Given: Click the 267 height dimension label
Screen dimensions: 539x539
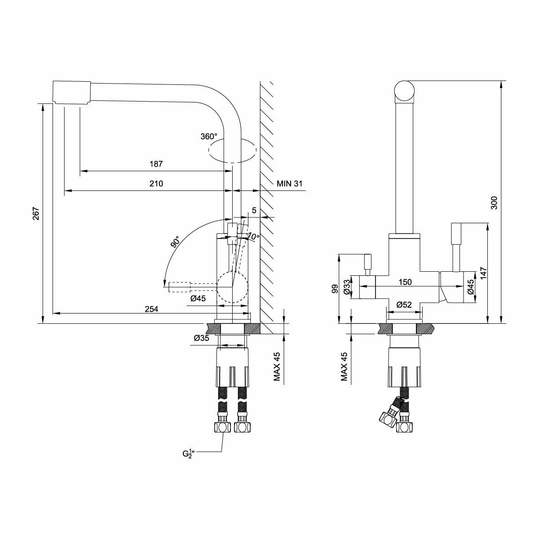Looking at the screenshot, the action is [36, 214].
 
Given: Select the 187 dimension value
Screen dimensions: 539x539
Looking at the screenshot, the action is [156, 164].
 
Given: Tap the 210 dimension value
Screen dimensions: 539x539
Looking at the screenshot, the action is [156, 184].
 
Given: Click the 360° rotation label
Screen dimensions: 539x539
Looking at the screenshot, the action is [209, 136].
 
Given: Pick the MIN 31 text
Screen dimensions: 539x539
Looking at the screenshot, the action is [289, 184].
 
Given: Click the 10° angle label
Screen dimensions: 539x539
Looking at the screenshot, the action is [253, 236].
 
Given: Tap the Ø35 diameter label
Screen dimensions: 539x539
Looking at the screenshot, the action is [201, 338].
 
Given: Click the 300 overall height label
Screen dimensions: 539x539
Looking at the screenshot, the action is [495, 203].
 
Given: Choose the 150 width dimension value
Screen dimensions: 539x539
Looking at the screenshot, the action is [406, 282].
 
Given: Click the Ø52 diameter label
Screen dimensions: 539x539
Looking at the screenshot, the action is [404, 305].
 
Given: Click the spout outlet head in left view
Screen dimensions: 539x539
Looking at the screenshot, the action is [72, 93].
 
